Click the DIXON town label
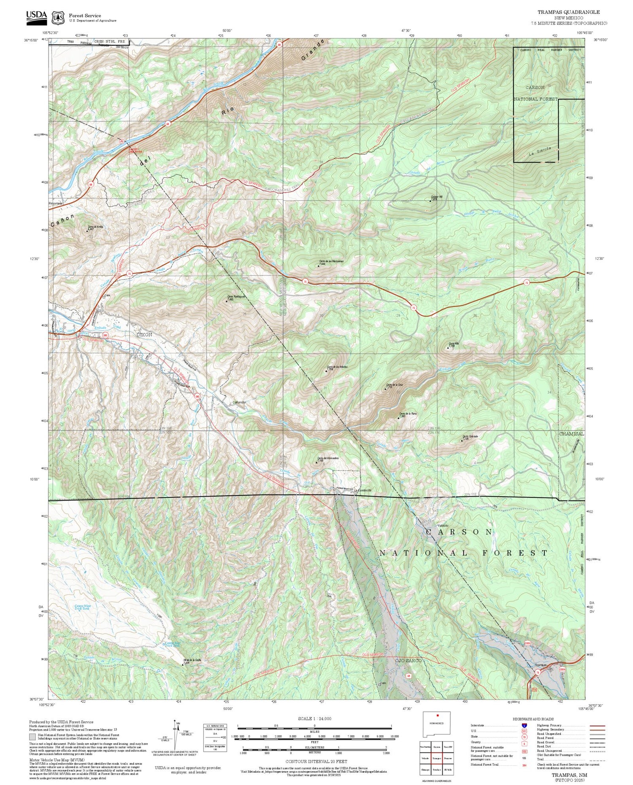point(143,334)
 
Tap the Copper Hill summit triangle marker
point(430,201)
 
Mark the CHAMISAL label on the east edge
point(571,434)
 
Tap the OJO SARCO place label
point(408,661)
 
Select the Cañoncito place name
point(239,402)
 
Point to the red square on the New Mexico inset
point(438,715)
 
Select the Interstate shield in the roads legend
point(524,725)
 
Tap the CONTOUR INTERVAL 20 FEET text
point(316,761)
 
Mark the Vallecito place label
point(442,525)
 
